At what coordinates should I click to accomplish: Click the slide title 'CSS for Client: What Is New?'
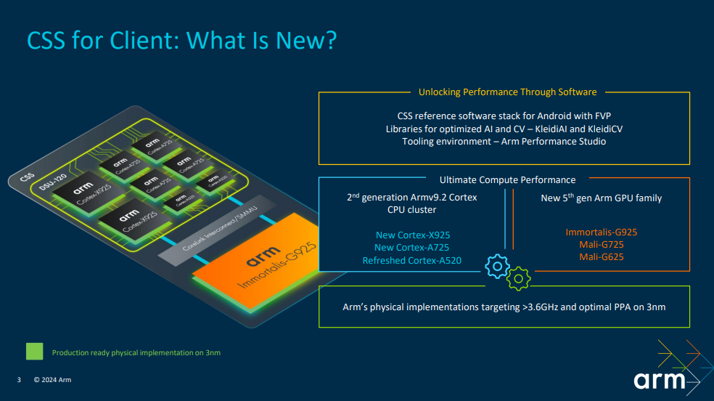181,40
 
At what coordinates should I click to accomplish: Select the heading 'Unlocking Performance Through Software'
507,92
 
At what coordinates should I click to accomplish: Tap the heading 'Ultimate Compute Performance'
507,179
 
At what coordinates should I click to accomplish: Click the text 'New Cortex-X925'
411,235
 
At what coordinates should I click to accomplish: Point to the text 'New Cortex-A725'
411,248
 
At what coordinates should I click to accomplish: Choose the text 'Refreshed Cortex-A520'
411,260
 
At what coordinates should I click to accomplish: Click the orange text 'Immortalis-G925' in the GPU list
602,232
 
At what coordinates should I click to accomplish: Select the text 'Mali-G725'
602,245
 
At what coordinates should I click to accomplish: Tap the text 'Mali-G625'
602,257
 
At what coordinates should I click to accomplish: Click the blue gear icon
497,266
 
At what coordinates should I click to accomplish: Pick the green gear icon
519,277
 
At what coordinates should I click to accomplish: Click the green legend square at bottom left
35,352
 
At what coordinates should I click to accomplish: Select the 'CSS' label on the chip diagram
27,176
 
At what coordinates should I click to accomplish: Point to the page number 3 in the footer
19,380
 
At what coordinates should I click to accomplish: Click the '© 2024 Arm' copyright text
53,380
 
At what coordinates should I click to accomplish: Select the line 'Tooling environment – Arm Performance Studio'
504,141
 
